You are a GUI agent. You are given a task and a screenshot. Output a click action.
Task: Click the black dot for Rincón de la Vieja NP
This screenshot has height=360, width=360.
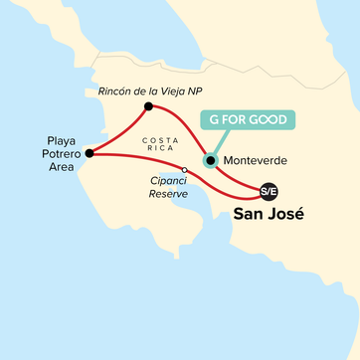coord(148,106)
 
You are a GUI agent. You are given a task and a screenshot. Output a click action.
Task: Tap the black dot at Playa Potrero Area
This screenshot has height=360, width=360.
coord(90,153)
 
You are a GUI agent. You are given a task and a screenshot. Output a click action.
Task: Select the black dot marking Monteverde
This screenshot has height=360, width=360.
coord(210,160)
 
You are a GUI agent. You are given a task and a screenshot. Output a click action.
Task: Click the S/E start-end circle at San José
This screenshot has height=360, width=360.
coord(268,190)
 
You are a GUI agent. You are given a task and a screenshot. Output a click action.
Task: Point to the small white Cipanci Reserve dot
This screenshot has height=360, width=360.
coord(185,169)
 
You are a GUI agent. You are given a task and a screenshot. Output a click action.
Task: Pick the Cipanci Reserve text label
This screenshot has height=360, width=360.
coord(150,187)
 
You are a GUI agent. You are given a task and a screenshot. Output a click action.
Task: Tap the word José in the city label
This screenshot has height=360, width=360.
coord(287,214)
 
